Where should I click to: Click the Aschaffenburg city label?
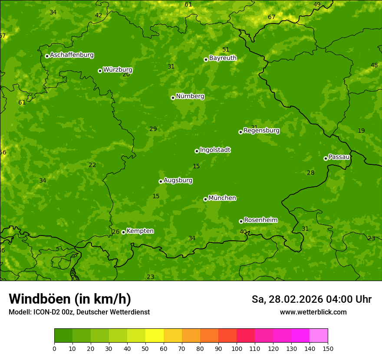(x=72, y=55)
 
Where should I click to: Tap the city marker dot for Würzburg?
(x=100, y=71)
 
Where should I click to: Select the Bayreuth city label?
(x=223, y=58)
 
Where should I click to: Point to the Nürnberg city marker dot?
(x=173, y=98)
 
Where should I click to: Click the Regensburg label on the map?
(x=261, y=131)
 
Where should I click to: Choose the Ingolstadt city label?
(x=215, y=150)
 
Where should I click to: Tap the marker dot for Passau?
(x=326, y=158)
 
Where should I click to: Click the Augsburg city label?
(x=178, y=180)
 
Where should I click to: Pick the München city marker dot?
(x=205, y=199)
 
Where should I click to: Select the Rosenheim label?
(x=260, y=220)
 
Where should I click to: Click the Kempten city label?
(x=140, y=231)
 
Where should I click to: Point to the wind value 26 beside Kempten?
(x=115, y=232)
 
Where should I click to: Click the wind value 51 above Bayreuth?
(x=226, y=50)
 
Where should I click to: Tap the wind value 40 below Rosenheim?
(x=243, y=232)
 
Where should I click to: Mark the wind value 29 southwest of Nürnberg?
(x=153, y=129)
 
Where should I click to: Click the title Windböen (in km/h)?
(x=70, y=299)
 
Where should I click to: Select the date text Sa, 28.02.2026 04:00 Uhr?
(x=311, y=299)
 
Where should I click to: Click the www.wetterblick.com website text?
(x=313, y=312)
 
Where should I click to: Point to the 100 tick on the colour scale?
(x=237, y=348)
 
